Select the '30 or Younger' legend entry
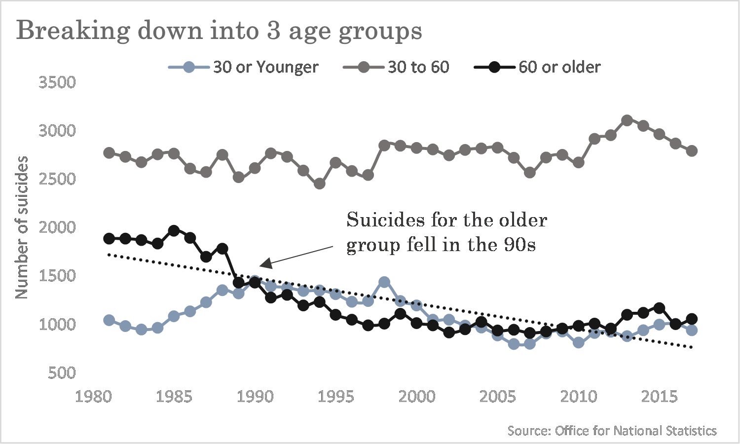point(244,67)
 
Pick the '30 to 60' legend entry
point(396,67)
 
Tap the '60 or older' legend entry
point(537,67)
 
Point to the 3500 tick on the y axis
point(57,82)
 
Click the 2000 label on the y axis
point(57,227)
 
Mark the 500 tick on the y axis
point(62,373)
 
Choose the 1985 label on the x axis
point(174,397)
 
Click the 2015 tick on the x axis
point(660,397)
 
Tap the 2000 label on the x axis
point(416,397)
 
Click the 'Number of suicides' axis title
point(22,227)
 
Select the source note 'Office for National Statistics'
point(635,431)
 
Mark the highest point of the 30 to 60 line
point(627,120)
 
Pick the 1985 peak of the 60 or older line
point(174,230)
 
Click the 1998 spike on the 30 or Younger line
point(384,282)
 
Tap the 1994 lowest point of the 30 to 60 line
point(320,184)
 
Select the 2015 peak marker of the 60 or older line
point(660,308)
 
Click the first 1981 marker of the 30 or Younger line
point(109,320)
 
